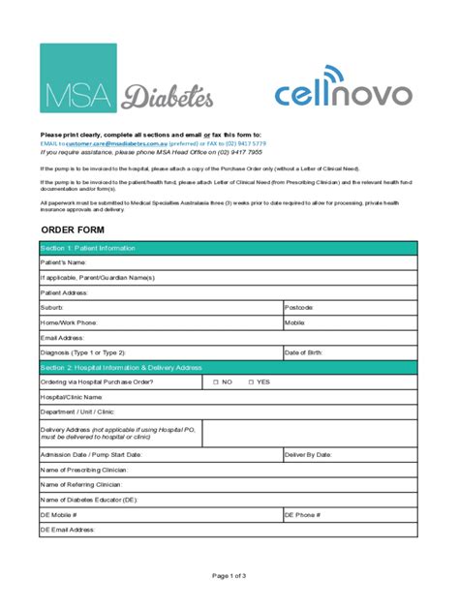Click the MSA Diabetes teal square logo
coord(77,77)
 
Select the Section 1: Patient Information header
coord(87,248)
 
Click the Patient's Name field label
coord(63,262)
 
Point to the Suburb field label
coord(52,307)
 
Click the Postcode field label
coord(300,307)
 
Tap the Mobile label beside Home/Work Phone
coord(295,322)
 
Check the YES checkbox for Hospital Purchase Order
coord(250,382)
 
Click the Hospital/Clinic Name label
coord(72,397)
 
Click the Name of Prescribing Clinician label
coord(82,470)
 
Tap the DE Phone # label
coord(302,515)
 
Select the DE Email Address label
coord(68,530)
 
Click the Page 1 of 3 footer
coord(229,575)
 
